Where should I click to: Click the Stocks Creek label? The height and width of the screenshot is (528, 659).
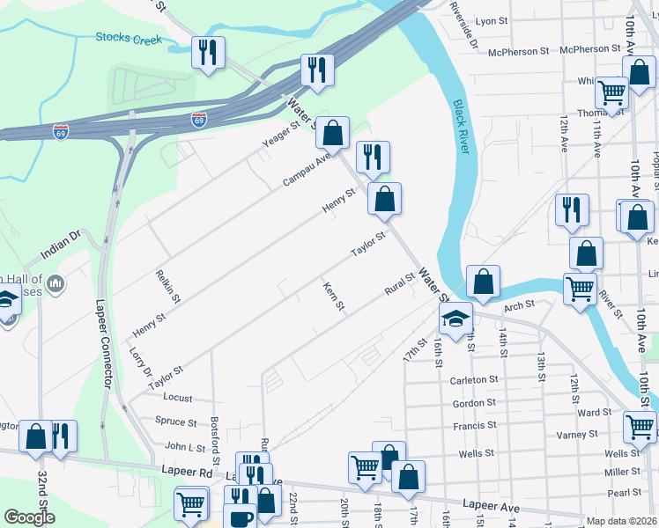pyautogui.click(x=130, y=39)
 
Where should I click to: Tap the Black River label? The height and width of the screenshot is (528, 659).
pyautogui.click(x=462, y=127)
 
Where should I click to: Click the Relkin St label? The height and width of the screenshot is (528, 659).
pyautogui.click(x=167, y=287)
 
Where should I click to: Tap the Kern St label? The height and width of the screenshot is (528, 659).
pyautogui.click(x=334, y=297)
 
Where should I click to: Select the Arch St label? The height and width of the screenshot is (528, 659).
pyautogui.click(x=519, y=305)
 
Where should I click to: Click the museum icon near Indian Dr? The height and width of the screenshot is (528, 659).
pyautogui.click(x=56, y=282)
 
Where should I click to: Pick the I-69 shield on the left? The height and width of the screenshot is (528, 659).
pyautogui.click(x=61, y=131)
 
